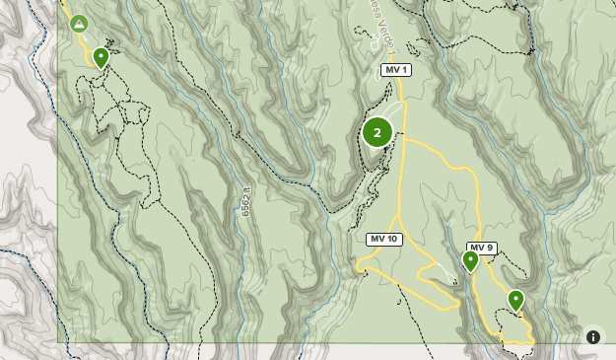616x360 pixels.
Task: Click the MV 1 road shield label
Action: tap(395, 70)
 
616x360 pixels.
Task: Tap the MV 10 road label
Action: tap(384, 240)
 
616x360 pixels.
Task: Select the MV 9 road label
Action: tap(481, 248)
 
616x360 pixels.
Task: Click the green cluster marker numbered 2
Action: tap(377, 132)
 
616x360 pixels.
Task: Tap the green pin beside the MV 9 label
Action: tap(471, 261)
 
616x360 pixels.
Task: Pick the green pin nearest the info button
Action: tap(515, 300)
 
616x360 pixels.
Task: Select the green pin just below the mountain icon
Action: tap(101, 57)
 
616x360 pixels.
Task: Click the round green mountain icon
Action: tap(79, 24)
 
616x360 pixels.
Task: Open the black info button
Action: tap(593, 337)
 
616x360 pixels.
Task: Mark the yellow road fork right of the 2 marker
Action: tap(405, 140)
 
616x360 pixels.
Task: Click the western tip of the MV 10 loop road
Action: tap(358, 266)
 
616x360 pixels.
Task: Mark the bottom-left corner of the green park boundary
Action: tap(58, 342)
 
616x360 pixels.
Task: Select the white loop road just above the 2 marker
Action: tap(391, 109)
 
